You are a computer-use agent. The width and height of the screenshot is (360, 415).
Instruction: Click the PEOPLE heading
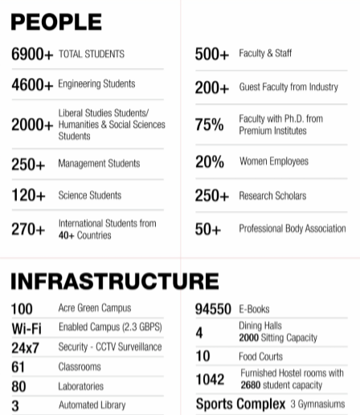[x=56, y=22]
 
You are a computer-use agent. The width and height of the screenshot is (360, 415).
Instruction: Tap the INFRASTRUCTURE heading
[x=115, y=281]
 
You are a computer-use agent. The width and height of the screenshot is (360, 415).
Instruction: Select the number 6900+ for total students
[x=32, y=54]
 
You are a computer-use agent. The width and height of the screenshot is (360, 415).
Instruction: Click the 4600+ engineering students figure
[x=32, y=84]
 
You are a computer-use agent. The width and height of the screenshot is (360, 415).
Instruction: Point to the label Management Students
[x=99, y=163]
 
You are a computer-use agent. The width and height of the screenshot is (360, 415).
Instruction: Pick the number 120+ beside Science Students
[x=28, y=195]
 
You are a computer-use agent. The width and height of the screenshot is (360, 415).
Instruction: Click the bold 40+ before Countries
[x=66, y=235]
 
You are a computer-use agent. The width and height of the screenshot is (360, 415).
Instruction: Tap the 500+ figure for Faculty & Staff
[x=212, y=54]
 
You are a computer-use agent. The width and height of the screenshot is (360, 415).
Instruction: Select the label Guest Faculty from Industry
[x=288, y=87]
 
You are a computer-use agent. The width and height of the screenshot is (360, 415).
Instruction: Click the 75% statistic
[x=209, y=124]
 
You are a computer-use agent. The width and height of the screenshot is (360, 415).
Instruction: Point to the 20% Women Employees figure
[x=210, y=161]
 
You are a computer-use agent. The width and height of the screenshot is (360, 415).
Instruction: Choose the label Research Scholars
[x=272, y=196]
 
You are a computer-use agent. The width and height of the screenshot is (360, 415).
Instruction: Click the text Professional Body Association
[x=292, y=229]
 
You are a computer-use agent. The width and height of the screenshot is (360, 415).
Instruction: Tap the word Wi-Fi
[x=27, y=328]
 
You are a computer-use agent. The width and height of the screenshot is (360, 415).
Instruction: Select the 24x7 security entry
[x=25, y=348]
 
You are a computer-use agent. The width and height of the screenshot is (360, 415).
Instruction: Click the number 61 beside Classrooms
[x=18, y=367]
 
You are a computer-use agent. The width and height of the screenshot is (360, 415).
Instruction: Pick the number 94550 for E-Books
[x=213, y=309]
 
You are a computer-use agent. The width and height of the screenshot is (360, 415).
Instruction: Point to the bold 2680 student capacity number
[x=251, y=385]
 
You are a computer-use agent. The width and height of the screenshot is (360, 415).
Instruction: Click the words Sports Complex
[x=240, y=404]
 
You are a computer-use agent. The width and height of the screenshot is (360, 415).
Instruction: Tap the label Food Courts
[x=260, y=356]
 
